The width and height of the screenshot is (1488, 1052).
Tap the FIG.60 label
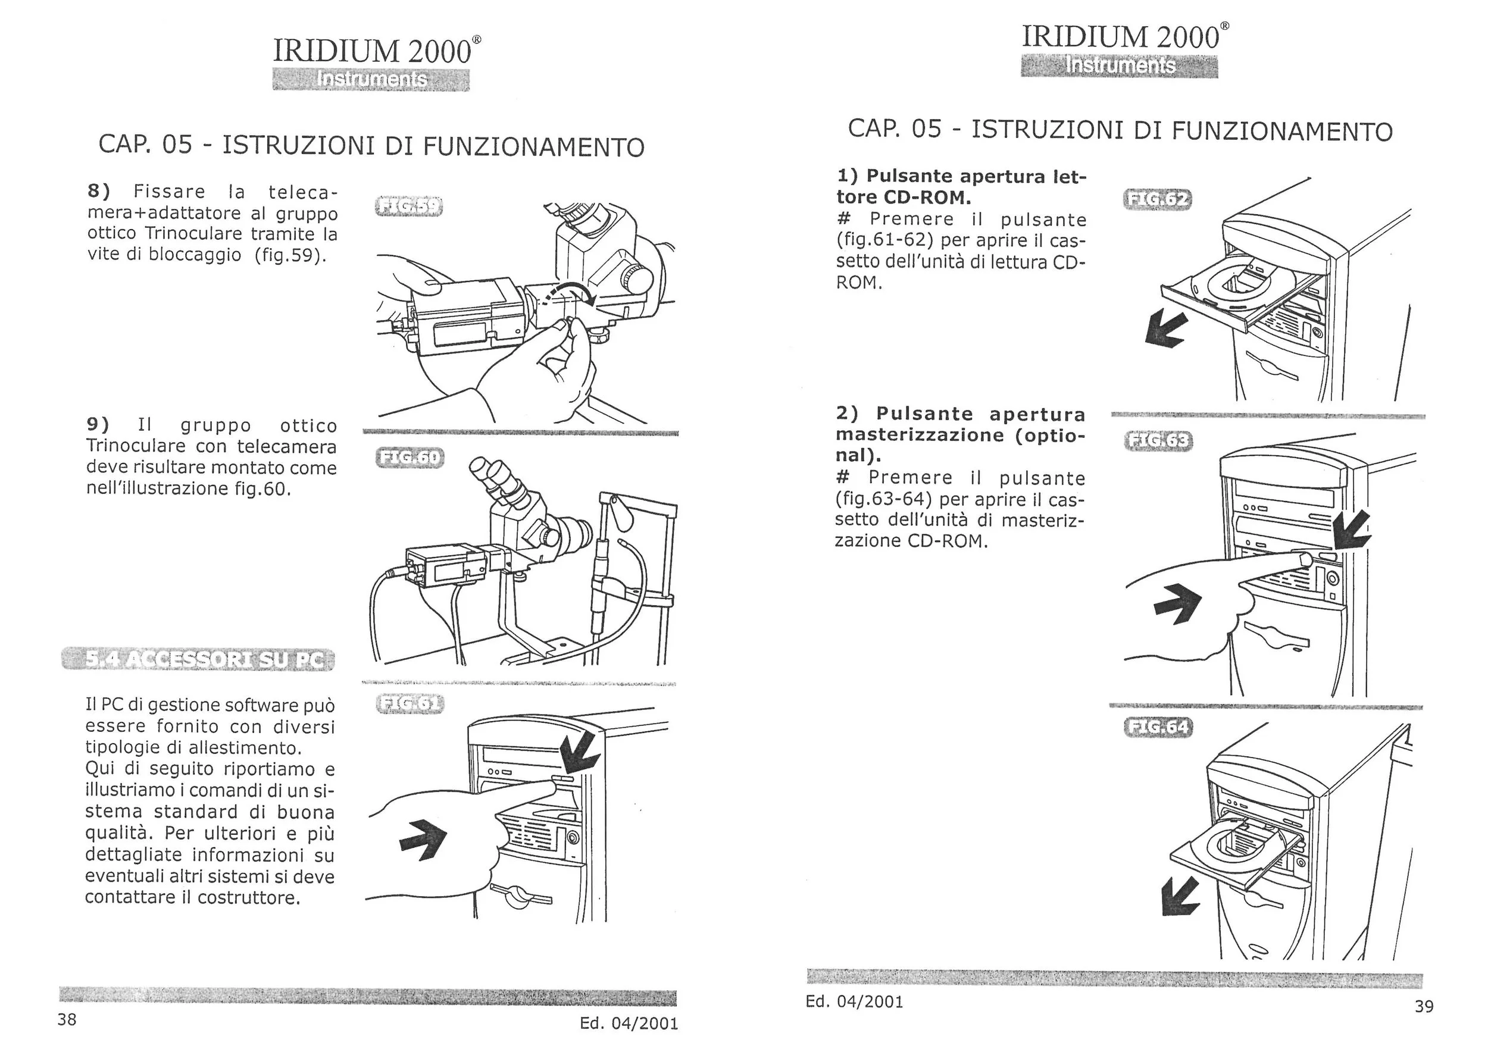coord(409,458)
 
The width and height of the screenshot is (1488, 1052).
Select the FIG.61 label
coord(409,704)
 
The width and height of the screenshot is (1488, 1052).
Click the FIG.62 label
coord(1158,199)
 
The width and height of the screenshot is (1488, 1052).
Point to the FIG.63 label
coord(1158,442)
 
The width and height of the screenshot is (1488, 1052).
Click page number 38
coord(67,1020)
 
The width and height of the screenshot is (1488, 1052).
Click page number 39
coord(1423,1007)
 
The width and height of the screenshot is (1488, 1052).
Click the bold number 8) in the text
coord(99,191)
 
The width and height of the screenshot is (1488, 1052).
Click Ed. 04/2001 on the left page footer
coord(629,1023)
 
